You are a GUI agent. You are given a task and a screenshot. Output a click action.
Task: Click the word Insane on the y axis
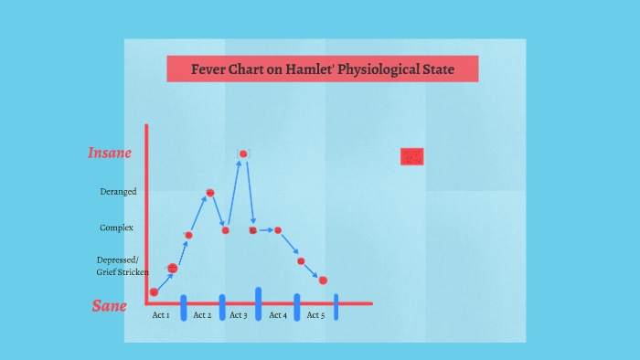(110, 153)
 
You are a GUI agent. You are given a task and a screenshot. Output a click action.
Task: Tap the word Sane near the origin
(110, 306)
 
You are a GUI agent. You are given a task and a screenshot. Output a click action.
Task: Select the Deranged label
(118, 192)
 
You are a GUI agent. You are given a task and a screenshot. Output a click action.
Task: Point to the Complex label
(117, 228)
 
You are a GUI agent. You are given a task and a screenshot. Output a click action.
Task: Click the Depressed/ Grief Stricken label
(122, 266)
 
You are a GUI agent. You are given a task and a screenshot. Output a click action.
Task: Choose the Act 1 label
(161, 315)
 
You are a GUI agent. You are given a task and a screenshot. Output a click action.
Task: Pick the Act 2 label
(202, 315)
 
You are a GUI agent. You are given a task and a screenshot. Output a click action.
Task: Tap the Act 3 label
(238, 315)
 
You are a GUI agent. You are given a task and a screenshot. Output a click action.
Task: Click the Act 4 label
(278, 315)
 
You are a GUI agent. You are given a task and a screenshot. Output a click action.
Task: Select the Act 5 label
(315, 315)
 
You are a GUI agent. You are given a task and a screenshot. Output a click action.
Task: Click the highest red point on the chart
(243, 154)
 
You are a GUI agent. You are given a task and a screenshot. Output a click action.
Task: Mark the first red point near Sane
(154, 292)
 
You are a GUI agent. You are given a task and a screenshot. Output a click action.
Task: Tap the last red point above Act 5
(323, 280)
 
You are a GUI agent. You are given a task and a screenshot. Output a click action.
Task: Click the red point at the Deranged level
(209, 193)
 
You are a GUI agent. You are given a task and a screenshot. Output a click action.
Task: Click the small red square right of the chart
(412, 156)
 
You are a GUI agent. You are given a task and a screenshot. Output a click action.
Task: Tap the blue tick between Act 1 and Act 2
(183, 307)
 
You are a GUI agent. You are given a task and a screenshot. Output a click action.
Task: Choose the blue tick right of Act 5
(336, 307)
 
